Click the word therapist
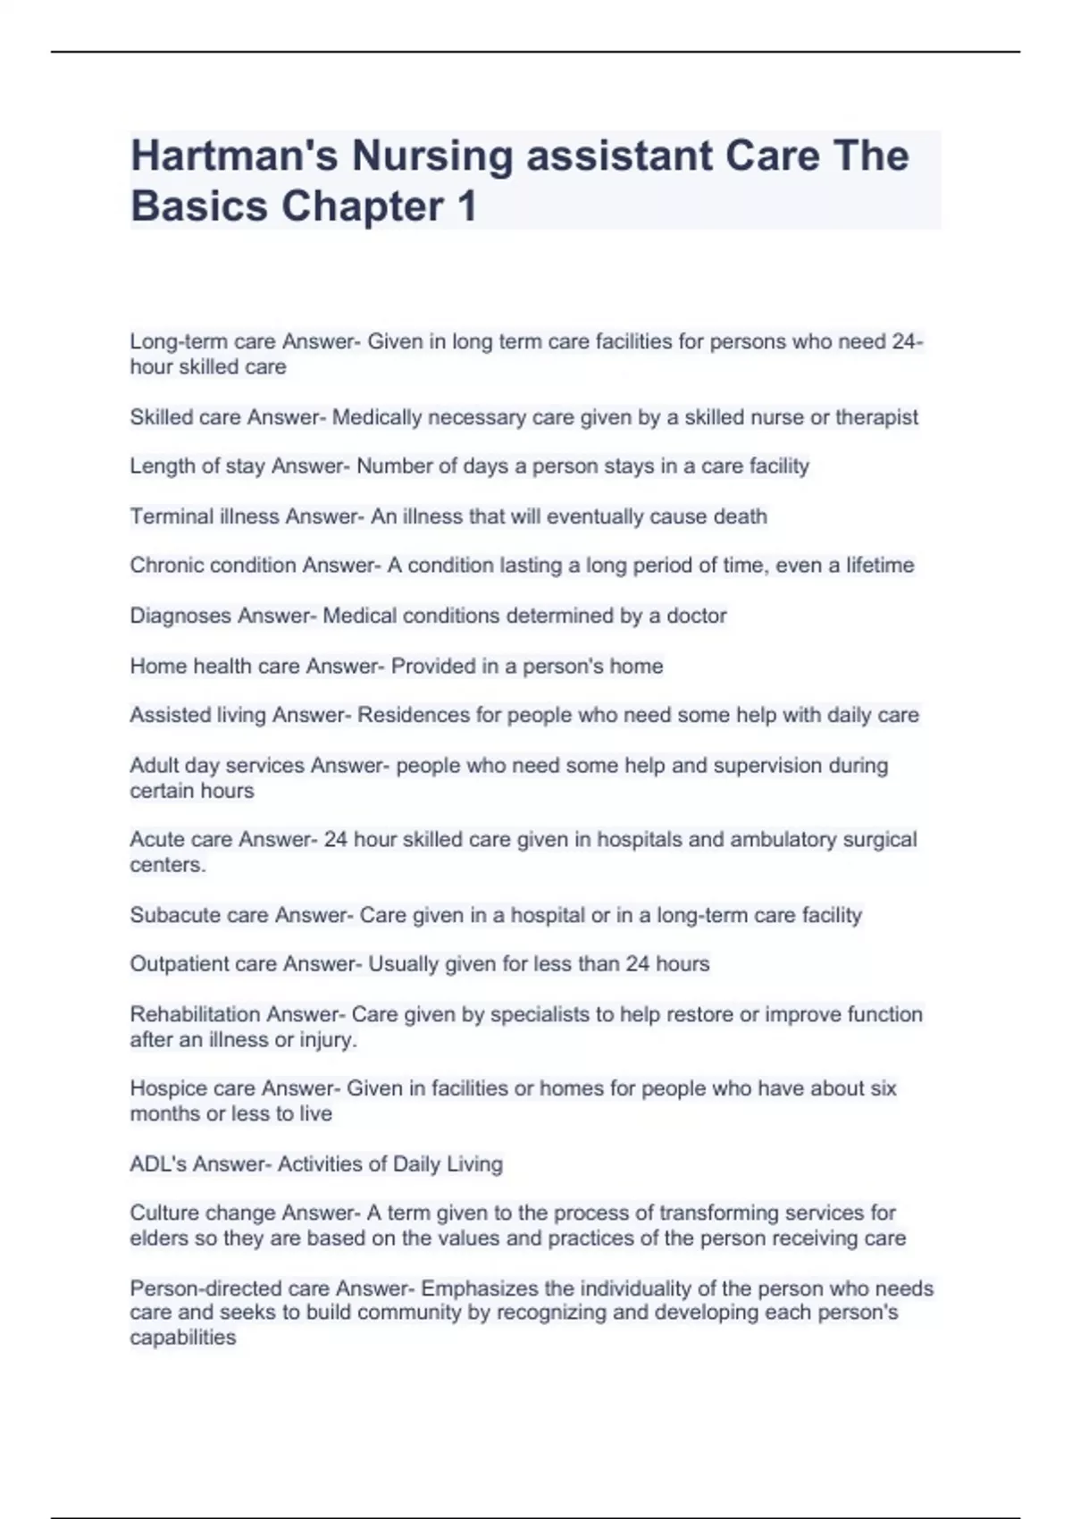(876, 417)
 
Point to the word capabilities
(183, 1338)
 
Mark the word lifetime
(880, 566)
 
